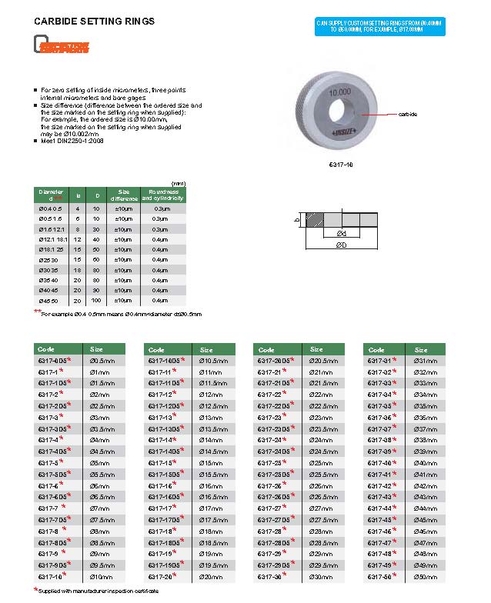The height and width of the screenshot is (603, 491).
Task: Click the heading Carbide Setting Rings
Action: pos(94,22)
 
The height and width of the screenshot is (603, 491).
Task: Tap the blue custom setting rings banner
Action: pos(379,27)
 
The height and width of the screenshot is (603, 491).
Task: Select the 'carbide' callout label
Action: pos(408,114)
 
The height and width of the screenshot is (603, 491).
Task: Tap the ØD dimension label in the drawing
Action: pos(339,245)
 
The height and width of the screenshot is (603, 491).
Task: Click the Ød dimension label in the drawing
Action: pos(340,233)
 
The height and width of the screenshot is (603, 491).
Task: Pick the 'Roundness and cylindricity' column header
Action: pos(163,195)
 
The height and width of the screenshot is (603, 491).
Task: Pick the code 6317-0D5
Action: pos(52,361)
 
